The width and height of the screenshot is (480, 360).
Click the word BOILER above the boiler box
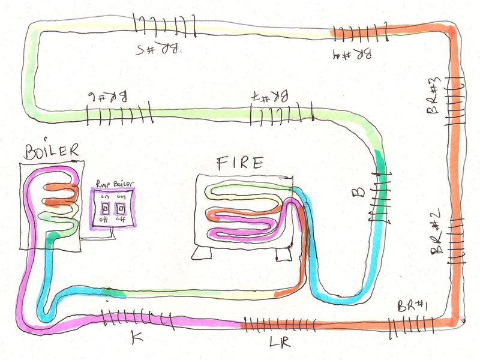(x=52, y=150)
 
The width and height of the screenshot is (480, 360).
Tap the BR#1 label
(x=412, y=306)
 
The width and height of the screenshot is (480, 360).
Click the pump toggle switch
(x=105, y=209)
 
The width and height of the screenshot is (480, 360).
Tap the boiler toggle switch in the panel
(x=122, y=209)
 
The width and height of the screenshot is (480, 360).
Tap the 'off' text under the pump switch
(x=105, y=220)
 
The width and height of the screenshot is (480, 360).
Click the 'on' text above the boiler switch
(x=121, y=197)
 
